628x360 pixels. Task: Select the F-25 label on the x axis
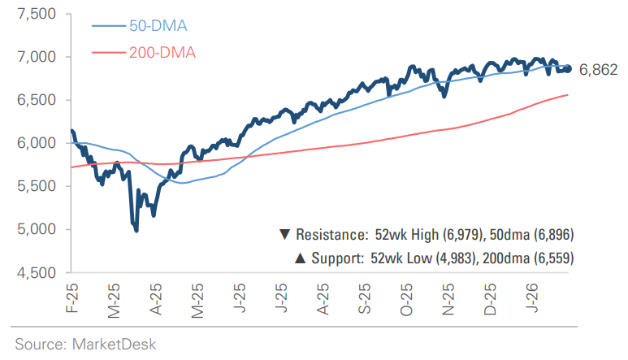71,297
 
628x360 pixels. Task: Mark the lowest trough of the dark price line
136,231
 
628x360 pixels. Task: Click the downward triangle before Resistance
284,235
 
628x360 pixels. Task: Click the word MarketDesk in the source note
111,344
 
